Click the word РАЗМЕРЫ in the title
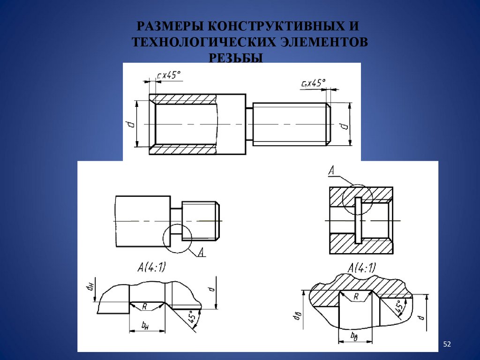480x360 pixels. (170, 26)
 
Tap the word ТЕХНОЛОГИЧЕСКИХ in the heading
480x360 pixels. (204, 42)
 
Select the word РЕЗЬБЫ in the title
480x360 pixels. (236, 58)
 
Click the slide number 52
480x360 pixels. (447, 345)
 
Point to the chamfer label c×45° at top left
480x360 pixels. (169, 75)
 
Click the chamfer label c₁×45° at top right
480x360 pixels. (313, 83)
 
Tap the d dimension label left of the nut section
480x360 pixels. (131, 124)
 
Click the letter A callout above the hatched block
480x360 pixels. (332, 170)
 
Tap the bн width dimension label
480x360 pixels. (145, 326)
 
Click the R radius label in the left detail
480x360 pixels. (144, 307)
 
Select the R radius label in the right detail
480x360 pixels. (356, 296)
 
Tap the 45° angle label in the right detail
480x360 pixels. (399, 307)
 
